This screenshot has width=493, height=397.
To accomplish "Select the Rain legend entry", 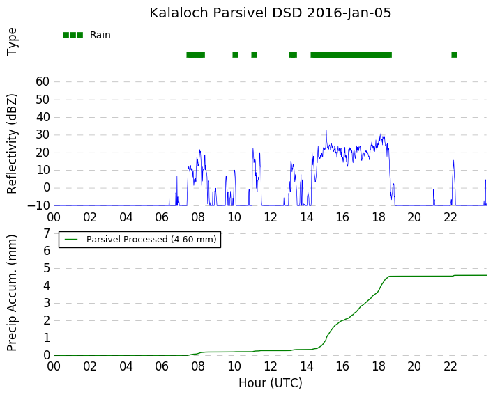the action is (x=86, y=35).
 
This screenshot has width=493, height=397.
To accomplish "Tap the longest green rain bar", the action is (x=351, y=54).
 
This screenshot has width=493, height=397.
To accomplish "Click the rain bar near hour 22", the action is (x=454, y=54).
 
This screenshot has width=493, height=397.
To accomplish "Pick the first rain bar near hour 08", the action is (x=195, y=54).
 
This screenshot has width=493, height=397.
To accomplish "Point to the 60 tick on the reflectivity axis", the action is (x=43, y=81).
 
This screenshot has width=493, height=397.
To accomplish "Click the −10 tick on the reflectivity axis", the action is (x=38, y=205).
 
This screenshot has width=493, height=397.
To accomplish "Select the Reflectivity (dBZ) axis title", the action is (x=11, y=144).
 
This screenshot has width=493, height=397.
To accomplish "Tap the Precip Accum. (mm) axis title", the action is (x=11, y=293).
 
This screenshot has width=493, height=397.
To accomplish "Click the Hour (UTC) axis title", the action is (x=271, y=383).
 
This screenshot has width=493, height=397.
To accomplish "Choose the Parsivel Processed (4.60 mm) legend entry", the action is (x=139, y=240).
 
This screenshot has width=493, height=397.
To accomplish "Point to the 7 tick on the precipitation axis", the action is (x=47, y=233).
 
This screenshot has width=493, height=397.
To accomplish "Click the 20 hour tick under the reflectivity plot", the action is (x=414, y=217).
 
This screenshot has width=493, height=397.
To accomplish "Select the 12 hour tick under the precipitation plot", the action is (x=271, y=366).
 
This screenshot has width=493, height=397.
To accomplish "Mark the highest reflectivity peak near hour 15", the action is (x=326, y=130).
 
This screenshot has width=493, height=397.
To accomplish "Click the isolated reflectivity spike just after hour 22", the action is (x=453, y=161).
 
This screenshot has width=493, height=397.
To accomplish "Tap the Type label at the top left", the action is (x=12, y=42).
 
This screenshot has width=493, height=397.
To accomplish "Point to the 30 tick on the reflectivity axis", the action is (x=43, y=134).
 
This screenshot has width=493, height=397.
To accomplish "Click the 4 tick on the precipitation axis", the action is (x=47, y=286).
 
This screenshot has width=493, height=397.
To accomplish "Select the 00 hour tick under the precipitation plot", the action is (x=54, y=366).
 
